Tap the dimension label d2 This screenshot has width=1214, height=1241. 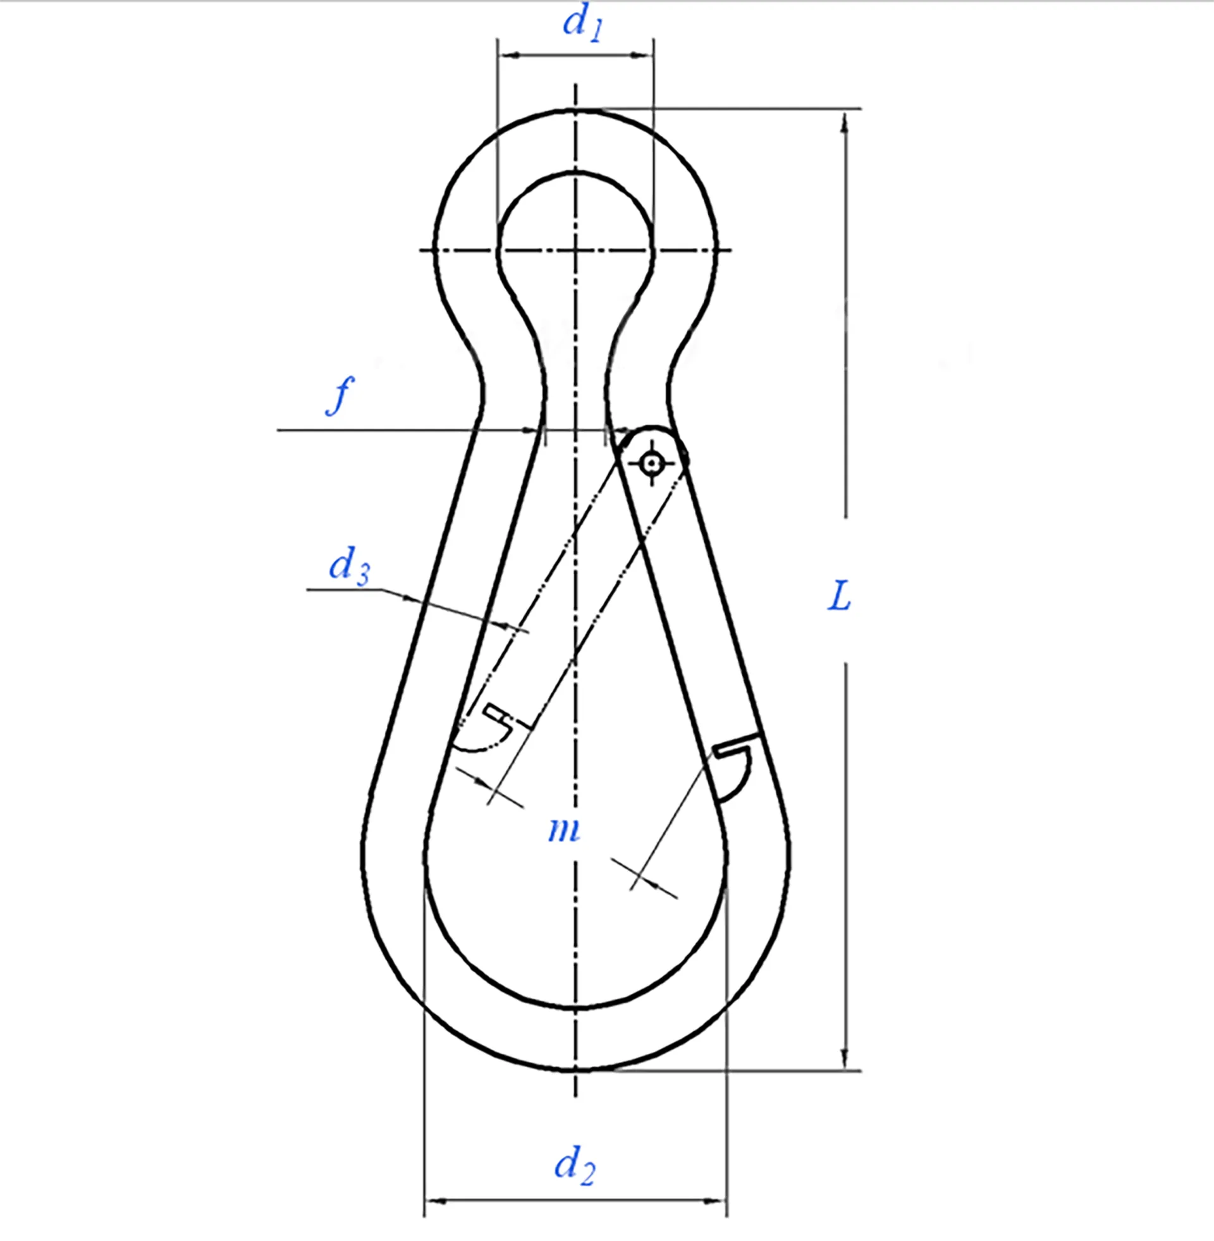574,1164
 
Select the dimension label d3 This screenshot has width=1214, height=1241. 349,565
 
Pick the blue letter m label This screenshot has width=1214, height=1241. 563,830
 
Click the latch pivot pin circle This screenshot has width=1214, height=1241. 651,463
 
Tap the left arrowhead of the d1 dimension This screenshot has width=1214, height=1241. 507,56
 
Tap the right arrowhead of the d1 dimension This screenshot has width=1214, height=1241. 644,56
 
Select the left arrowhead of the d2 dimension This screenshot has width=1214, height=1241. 434,1201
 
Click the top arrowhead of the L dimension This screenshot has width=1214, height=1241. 845,121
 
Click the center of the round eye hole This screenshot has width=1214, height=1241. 575,249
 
